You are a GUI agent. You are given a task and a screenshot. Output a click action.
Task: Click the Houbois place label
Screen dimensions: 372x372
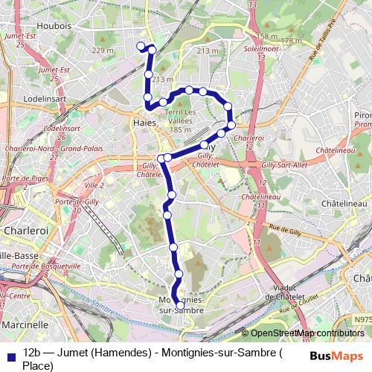pos(54,25)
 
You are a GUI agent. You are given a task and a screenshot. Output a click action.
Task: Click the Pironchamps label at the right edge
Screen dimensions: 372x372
pos(363,115)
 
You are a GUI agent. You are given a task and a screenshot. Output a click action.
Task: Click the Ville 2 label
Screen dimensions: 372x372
pos(94,184)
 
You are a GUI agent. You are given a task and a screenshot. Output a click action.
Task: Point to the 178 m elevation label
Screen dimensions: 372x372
pos(291,40)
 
